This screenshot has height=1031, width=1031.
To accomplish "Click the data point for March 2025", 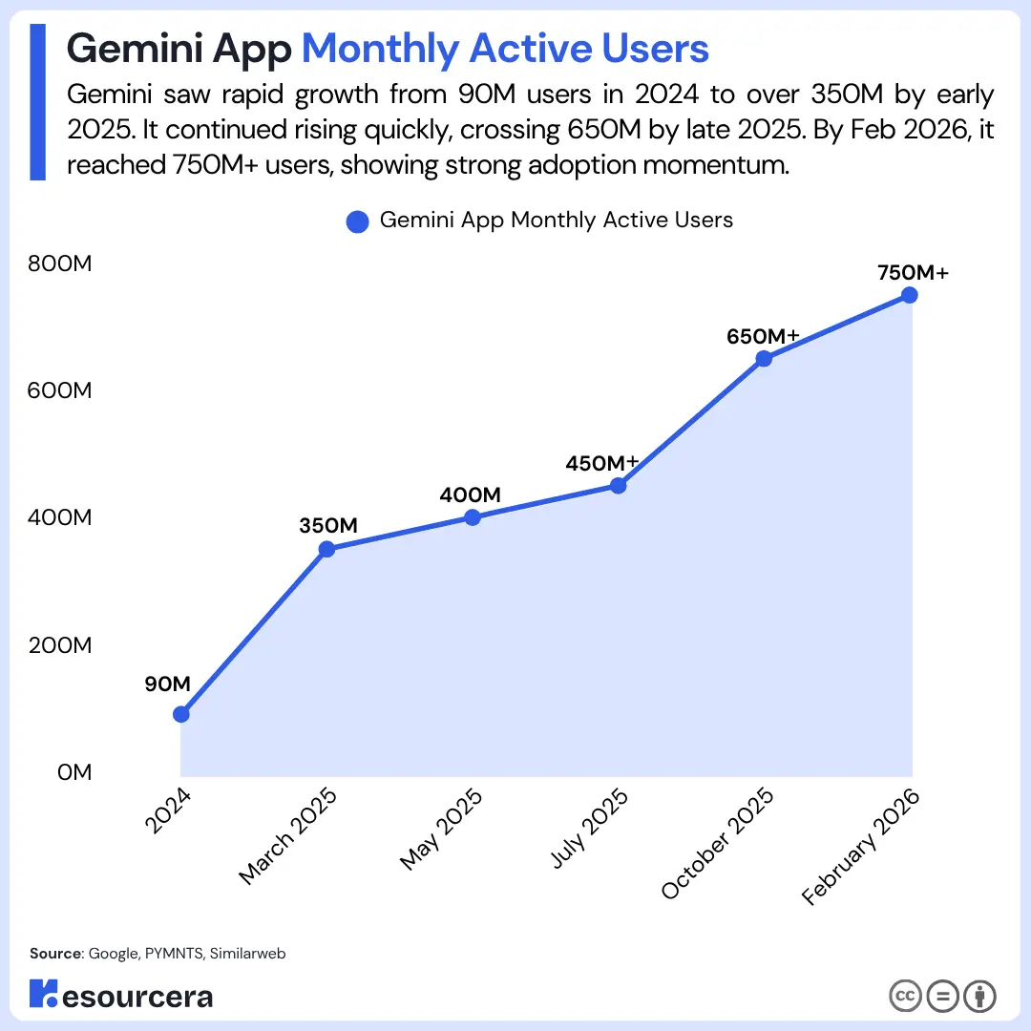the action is [326, 549].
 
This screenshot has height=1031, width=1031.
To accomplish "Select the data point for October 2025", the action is [764, 358].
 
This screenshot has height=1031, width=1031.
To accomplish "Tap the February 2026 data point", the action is [910, 295].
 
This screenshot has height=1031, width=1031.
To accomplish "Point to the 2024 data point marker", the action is [181, 714].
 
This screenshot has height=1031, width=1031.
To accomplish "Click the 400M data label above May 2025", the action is [470, 494].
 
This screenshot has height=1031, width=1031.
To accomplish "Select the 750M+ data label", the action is [914, 272].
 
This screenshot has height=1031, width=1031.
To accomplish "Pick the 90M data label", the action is [168, 684].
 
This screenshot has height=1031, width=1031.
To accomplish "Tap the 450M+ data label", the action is [601, 463].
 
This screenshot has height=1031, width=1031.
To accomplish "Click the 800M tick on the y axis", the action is [60, 263].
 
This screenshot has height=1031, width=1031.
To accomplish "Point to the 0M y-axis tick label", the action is [74, 772].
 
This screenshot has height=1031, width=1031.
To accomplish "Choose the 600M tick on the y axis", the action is [60, 390].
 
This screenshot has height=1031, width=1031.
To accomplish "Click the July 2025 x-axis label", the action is [589, 829].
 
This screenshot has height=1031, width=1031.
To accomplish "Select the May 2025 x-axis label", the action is [441, 830].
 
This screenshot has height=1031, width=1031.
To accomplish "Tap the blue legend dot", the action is [358, 221].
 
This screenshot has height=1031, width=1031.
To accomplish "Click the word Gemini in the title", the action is [135, 49].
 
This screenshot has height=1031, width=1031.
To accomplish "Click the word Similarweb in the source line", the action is [248, 954].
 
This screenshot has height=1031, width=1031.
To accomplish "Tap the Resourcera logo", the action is [121, 994].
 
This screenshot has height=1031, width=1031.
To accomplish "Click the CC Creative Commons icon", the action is [905, 996].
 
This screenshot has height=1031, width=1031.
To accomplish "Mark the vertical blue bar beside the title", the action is [37, 102].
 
